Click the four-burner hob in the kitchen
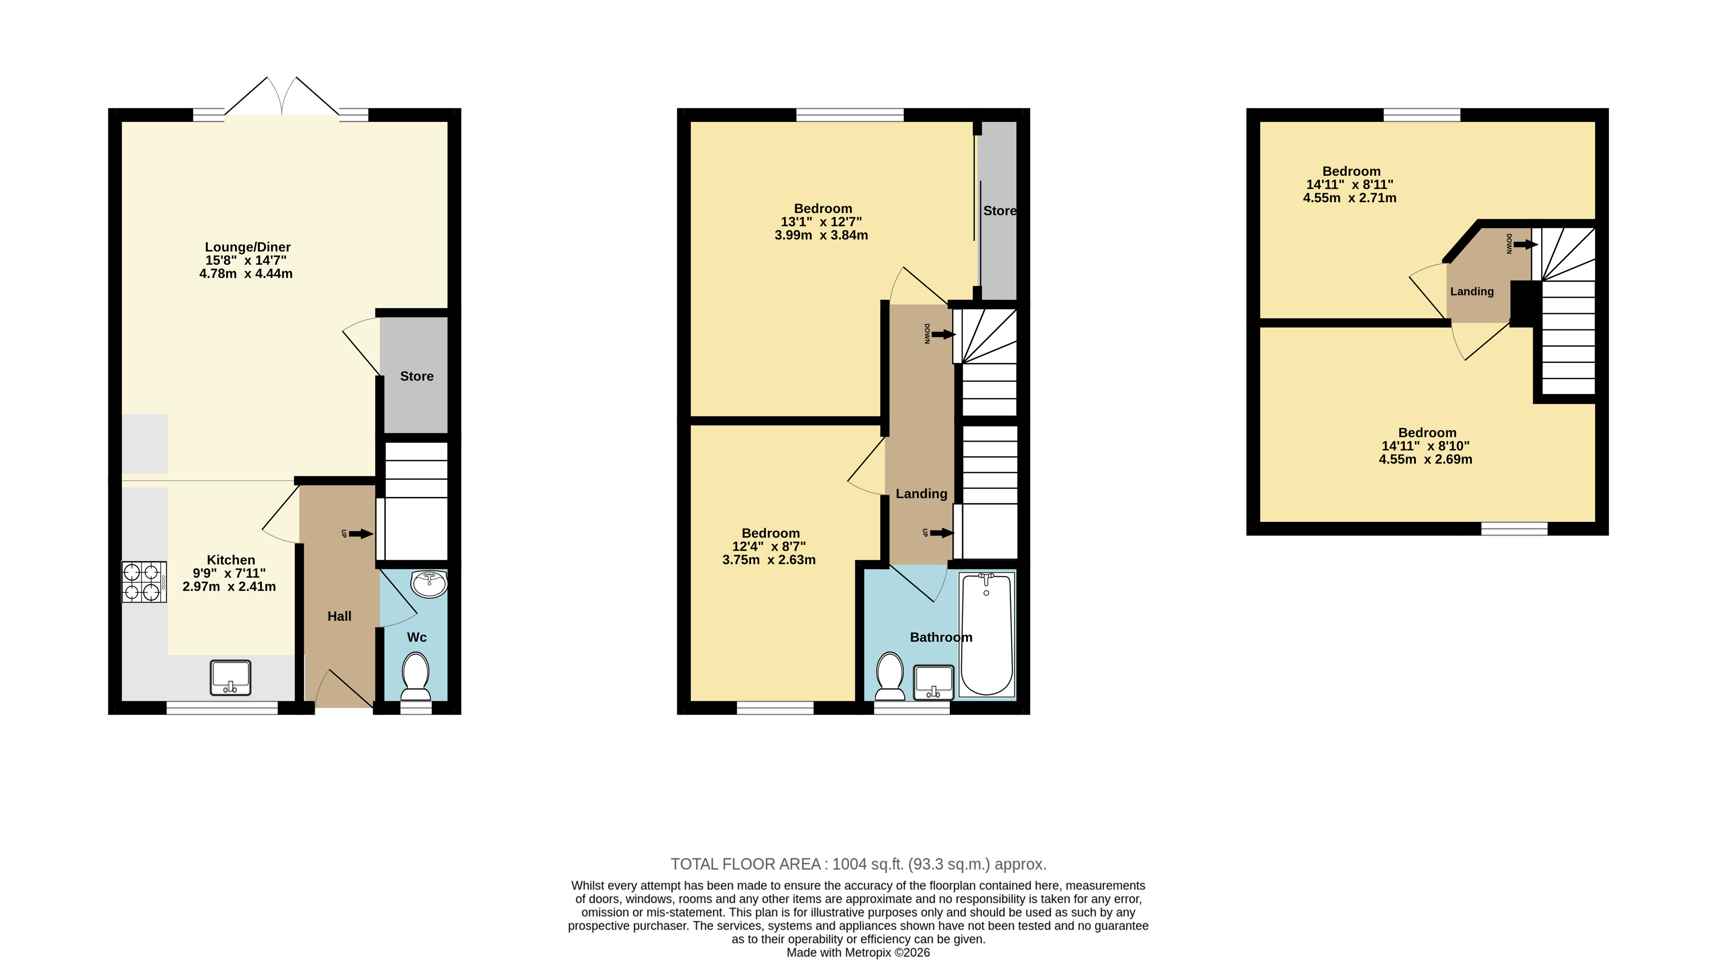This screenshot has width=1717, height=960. pyautogui.click(x=144, y=582)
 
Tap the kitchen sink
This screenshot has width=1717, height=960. pyautogui.click(x=231, y=678)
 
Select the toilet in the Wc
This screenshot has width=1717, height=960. pyautogui.click(x=416, y=676)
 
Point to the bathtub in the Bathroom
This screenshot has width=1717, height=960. pyautogui.click(x=987, y=634)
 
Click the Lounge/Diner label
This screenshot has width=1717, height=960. pyautogui.click(x=247, y=247)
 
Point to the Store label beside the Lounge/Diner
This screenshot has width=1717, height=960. pyautogui.click(x=417, y=376)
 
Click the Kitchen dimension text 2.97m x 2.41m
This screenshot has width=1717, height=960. pyautogui.click(x=229, y=586)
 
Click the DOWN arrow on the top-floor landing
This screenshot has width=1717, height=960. pyautogui.click(x=1525, y=245)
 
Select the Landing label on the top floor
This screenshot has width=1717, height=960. pyautogui.click(x=1472, y=291)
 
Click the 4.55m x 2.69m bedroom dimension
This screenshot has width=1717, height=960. pyautogui.click(x=1426, y=459)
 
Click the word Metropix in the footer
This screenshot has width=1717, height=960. pyautogui.click(x=869, y=953)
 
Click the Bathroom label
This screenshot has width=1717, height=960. pyautogui.click(x=941, y=637)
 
